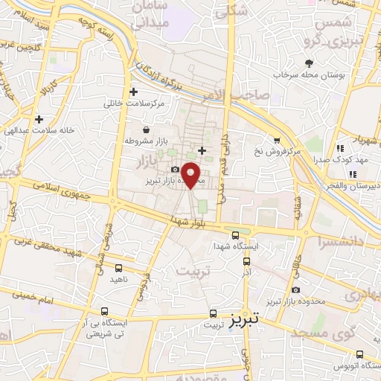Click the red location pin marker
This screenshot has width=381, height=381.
pos(191,175)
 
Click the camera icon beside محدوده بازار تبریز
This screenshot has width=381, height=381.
pos(176,169)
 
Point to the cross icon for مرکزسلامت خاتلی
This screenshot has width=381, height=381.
pos(133,92)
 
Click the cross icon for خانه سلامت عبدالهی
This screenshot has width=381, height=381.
pos(38,118)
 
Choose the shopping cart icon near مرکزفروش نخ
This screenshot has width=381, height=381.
pos(277,139)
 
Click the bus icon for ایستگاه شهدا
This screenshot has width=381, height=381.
pos(236,233)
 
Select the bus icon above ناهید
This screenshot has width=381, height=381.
pos(119,267)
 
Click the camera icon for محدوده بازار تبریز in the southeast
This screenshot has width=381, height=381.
pos(296,289)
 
